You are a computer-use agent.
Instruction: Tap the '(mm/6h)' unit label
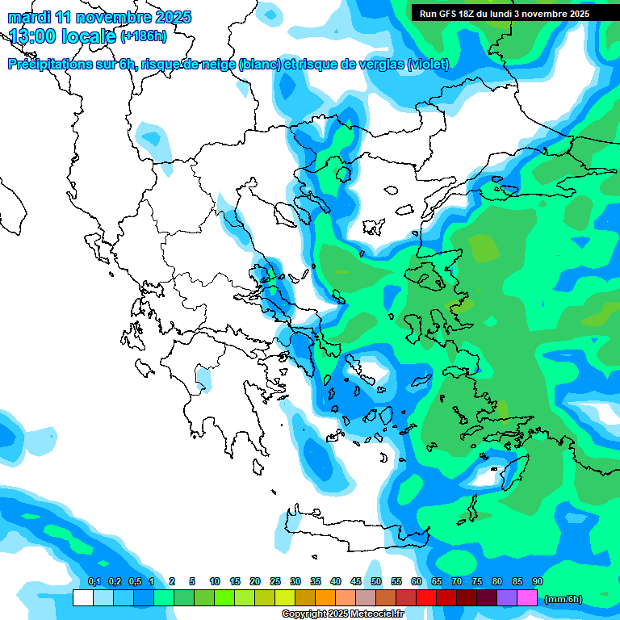click(x=563, y=599)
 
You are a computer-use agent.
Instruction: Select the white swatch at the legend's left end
click(x=83, y=598)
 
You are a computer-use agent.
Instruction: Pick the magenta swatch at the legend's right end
click(x=527, y=598)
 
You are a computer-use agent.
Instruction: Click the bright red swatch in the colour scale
click(x=426, y=598)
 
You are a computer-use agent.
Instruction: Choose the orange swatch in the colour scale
click(x=325, y=598)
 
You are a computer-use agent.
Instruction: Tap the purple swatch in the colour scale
click(x=507, y=598)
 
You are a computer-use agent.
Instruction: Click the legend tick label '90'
click(x=538, y=582)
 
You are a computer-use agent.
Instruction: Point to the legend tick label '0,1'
click(x=94, y=582)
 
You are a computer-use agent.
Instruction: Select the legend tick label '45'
click(x=356, y=582)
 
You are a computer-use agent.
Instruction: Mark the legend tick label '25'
click(x=275, y=582)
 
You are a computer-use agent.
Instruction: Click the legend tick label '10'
click(x=215, y=582)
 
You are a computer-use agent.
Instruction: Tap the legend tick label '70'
click(x=457, y=582)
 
